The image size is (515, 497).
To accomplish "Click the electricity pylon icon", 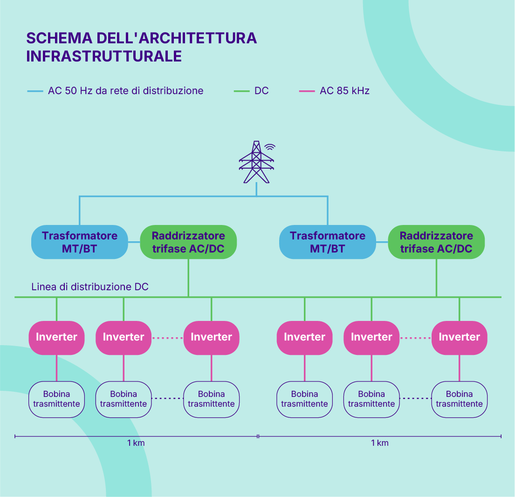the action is (256, 162).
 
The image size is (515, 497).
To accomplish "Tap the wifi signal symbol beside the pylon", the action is (270, 147).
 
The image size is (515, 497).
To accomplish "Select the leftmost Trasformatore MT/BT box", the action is (80, 242).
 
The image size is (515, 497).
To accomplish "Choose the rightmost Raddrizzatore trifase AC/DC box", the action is (436, 242).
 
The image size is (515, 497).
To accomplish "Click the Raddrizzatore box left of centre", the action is (188, 242).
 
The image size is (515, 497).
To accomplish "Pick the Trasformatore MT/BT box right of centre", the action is (328, 242).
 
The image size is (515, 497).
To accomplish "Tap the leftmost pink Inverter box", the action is (56, 338).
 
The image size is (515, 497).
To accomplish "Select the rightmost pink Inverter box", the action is (459, 338).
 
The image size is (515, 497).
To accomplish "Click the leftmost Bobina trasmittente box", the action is (56, 399).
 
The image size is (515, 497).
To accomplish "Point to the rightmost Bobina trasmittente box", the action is (459, 399).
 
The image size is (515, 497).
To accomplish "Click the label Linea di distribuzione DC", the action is (89, 287).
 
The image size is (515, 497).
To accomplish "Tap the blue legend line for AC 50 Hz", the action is (35, 91).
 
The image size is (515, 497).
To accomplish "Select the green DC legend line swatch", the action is (241, 91).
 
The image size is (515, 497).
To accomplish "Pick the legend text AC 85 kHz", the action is (344, 91).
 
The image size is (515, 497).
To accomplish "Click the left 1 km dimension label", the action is (136, 443).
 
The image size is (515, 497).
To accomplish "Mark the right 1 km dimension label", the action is (380, 443).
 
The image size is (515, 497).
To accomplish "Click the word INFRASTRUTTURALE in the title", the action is (104, 56).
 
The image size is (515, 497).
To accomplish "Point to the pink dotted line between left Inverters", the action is (167, 338).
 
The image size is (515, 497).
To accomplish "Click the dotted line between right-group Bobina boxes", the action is (415, 398).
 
